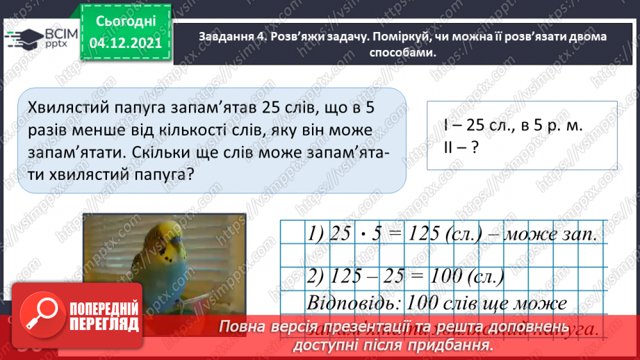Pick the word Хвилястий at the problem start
(65, 107)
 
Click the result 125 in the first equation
(422, 235)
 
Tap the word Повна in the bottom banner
(243, 327)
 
